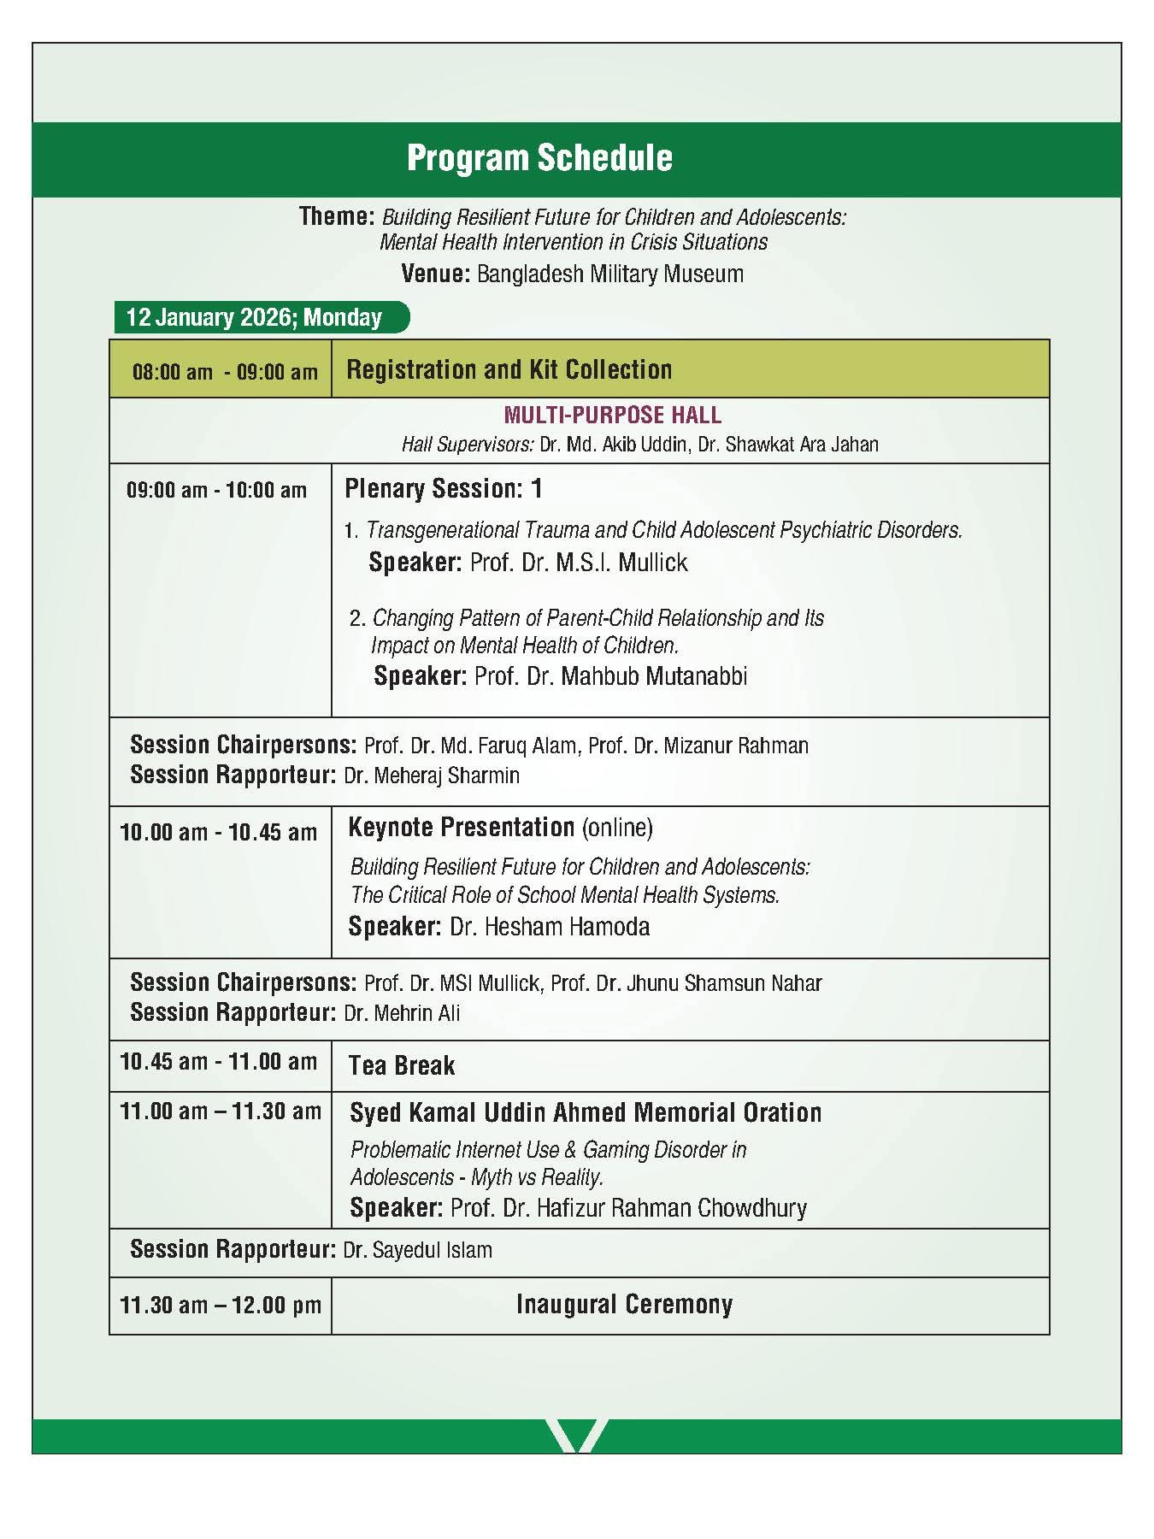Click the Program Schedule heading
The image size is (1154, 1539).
(x=539, y=158)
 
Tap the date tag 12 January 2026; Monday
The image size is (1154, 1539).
(x=254, y=317)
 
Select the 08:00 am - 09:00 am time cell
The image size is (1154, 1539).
(x=224, y=372)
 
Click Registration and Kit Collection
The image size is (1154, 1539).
(x=509, y=369)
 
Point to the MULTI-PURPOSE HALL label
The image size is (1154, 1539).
(x=612, y=416)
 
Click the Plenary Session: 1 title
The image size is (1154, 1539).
(x=443, y=489)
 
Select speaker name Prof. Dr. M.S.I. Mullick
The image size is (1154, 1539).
(x=579, y=563)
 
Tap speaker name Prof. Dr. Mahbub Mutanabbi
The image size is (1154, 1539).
(x=610, y=676)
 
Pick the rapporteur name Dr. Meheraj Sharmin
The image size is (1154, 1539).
(x=431, y=775)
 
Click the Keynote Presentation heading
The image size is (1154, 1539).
(x=462, y=828)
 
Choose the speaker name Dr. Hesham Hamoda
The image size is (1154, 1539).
(x=550, y=927)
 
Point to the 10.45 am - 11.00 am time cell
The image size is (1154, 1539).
(x=219, y=1062)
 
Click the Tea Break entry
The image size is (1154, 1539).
(x=402, y=1066)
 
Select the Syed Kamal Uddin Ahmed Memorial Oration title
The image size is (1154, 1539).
(x=586, y=1112)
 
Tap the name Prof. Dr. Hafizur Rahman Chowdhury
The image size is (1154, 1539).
(x=628, y=1208)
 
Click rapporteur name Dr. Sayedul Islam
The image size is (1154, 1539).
(x=417, y=1251)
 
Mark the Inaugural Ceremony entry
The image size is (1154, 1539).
(x=624, y=1305)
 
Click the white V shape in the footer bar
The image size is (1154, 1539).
(x=576, y=1436)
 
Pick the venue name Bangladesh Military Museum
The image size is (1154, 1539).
(x=609, y=274)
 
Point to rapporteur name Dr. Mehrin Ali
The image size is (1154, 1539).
(x=402, y=1013)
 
